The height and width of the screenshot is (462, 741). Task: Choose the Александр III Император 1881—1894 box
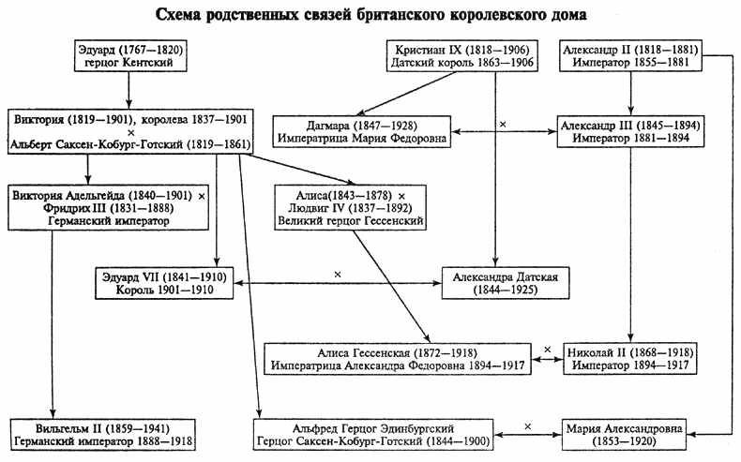point(630,132)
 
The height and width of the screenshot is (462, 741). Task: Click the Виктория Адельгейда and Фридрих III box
point(110,206)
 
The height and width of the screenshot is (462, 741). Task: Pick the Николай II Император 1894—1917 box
point(630,358)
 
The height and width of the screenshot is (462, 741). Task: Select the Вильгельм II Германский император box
point(110,434)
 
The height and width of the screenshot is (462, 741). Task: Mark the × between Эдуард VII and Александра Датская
point(335,274)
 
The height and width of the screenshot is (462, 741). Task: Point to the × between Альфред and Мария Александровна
point(529,425)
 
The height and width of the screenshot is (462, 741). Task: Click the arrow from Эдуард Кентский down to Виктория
point(129,92)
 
